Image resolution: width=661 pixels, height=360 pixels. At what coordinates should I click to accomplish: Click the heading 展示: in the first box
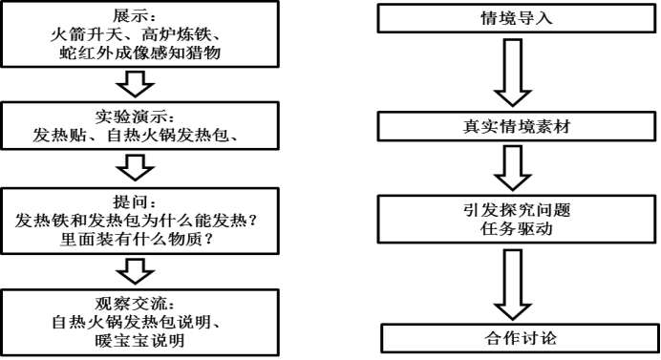tap(135, 16)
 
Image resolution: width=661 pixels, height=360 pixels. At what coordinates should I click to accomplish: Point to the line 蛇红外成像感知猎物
tap(139, 53)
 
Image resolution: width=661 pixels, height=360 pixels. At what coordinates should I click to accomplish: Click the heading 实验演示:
tap(135, 116)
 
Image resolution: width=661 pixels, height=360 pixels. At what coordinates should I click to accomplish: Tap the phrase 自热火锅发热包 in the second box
tap(168, 136)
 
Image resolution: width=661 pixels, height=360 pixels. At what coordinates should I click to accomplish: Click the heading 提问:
tap(135, 201)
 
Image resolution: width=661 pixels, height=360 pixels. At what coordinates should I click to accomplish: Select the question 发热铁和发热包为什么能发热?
tap(137, 221)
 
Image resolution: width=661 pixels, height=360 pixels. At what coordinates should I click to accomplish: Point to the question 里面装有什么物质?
tap(137, 240)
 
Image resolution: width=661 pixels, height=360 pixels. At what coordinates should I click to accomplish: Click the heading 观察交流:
tap(135, 303)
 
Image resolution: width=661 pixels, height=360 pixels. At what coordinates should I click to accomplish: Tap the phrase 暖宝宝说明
tap(139, 340)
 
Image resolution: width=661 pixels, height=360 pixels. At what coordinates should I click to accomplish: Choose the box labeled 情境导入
tap(517, 18)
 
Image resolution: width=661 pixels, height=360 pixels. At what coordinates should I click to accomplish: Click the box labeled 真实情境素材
tap(517, 126)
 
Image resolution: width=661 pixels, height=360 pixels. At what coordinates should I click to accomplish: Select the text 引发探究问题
tap(517, 209)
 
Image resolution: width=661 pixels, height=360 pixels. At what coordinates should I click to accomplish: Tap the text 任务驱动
tap(517, 228)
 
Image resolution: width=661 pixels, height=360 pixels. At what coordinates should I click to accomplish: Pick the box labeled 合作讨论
tap(521, 338)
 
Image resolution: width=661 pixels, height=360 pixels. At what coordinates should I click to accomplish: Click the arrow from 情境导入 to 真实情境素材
tap(513, 73)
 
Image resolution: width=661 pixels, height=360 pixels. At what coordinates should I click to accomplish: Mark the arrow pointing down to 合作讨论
tap(513, 284)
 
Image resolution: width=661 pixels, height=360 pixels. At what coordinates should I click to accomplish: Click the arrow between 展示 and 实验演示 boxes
tap(136, 84)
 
